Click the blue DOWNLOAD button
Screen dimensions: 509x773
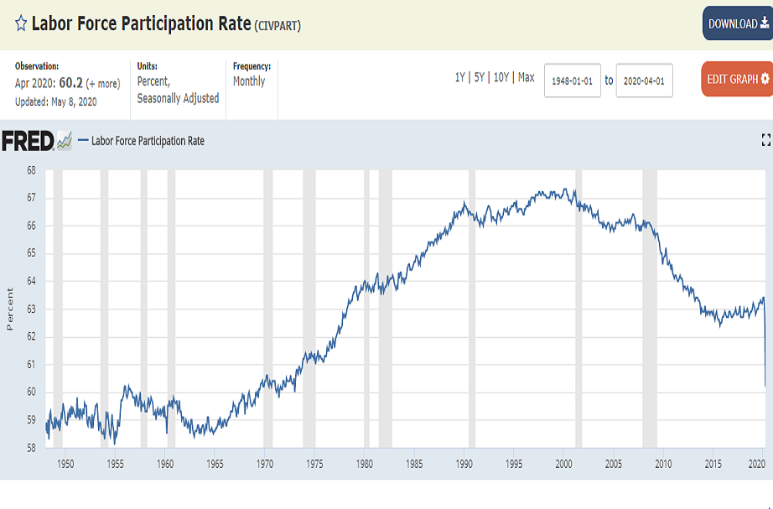pos(737,23)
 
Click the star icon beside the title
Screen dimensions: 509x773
pos(21,23)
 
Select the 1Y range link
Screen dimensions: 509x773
pos(459,77)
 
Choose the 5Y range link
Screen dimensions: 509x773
pos(479,77)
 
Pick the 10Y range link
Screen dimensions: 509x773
pos(501,77)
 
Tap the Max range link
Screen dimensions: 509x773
pos(526,77)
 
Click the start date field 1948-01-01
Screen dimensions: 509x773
pos(573,81)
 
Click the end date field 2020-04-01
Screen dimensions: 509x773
pos(644,81)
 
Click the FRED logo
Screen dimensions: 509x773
pos(29,141)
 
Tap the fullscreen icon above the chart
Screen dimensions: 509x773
pos(765,140)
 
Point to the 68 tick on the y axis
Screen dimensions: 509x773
pos(30,169)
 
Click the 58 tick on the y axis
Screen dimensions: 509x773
pos(30,448)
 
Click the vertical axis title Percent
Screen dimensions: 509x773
pos(10,309)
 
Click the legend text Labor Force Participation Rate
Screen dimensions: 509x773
pos(148,141)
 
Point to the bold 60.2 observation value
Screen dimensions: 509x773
pos(70,83)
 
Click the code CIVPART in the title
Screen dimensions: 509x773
pos(277,25)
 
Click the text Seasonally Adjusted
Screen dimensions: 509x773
pos(178,98)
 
